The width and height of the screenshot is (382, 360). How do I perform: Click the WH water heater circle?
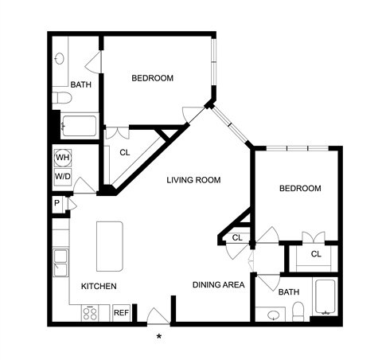click(63, 158)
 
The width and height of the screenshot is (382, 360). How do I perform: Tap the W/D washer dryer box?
click(63, 176)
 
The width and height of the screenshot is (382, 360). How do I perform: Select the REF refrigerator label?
click(121, 313)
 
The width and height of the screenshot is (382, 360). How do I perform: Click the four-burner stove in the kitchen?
click(90, 313)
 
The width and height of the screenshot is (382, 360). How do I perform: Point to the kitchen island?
click(110, 246)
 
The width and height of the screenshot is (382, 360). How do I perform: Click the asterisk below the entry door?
click(159, 337)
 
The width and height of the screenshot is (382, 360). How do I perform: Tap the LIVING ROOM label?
click(193, 180)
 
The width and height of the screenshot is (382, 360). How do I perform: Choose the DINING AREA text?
click(219, 285)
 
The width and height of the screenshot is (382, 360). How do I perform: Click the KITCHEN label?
click(99, 286)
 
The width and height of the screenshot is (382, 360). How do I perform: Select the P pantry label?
click(57, 203)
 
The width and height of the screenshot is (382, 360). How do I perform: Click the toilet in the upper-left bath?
click(62, 98)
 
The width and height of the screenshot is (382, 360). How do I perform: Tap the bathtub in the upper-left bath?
click(79, 126)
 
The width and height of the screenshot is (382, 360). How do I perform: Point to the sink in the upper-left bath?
click(60, 59)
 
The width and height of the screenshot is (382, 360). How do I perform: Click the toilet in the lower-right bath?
click(298, 311)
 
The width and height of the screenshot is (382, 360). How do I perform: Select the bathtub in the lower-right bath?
click(325, 297)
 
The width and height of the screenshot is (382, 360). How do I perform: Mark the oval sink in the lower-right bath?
click(273, 315)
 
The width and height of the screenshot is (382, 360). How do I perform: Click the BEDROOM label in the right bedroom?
click(300, 189)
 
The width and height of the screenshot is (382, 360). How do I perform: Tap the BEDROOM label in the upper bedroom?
click(153, 78)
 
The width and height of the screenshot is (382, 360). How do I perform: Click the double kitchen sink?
click(60, 263)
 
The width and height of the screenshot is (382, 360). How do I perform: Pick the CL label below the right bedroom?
click(316, 254)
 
